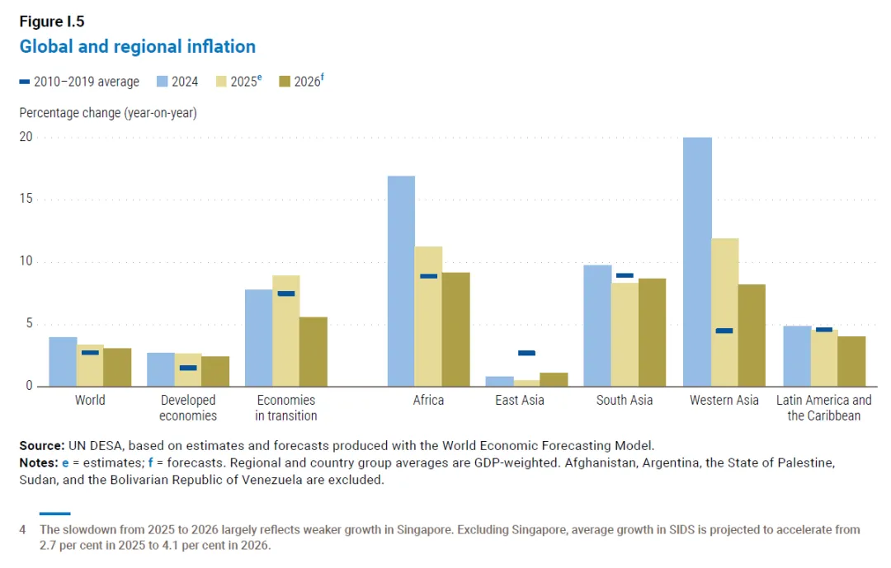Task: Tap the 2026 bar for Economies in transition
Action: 313,351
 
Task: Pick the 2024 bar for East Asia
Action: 500,381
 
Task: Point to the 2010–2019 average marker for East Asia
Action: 526,353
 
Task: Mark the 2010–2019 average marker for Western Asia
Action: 724,331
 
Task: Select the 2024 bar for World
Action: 63,361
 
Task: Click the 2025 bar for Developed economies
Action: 188,369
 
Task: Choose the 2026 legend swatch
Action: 285,82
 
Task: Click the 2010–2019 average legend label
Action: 87,82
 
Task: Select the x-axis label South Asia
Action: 625,401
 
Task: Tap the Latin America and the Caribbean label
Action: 823,408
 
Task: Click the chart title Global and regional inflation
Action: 137,46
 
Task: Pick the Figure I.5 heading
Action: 51,21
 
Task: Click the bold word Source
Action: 41,445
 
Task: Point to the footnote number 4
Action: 23,529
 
